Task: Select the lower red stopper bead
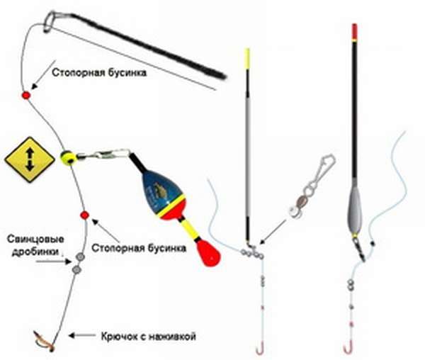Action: [x=84, y=214]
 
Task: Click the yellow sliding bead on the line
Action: [x=67, y=157]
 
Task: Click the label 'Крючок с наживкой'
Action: [x=147, y=335]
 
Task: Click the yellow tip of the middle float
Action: [x=247, y=59]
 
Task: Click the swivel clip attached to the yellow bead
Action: [x=106, y=152]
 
